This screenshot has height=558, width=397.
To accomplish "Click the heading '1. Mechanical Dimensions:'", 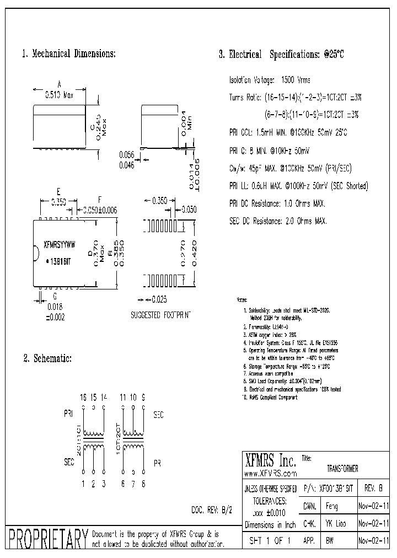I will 68,54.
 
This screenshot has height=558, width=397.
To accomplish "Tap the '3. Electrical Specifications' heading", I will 281,55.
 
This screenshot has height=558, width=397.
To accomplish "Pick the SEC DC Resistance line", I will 277,221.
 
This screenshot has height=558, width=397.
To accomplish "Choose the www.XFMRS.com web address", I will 270,473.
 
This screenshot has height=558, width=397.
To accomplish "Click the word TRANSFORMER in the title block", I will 342,469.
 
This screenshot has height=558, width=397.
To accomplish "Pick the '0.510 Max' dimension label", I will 59,94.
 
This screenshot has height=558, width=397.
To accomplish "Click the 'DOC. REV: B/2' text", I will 211,510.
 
